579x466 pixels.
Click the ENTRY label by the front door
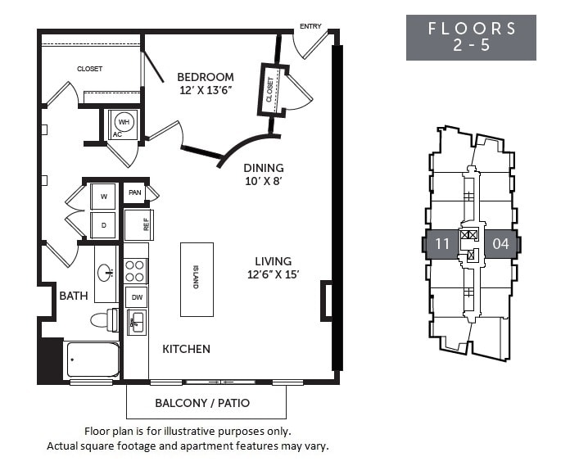(x=310, y=26)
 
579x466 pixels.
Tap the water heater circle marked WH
(x=124, y=122)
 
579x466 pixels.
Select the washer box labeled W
(x=103, y=197)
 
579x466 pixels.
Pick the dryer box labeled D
(x=103, y=225)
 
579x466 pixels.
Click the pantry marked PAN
(x=135, y=192)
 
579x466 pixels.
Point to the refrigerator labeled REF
(x=139, y=224)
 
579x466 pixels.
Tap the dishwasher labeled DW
(x=137, y=297)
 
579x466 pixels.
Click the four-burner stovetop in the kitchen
(x=135, y=270)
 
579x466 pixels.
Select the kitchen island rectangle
(x=197, y=279)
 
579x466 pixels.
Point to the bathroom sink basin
(x=106, y=273)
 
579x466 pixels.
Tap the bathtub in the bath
(x=91, y=360)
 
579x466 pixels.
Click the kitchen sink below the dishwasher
(x=137, y=323)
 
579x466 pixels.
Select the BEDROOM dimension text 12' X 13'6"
(x=206, y=90)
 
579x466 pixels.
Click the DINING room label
(x=264, y=168)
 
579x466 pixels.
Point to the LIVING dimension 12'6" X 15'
(x=274, y=274)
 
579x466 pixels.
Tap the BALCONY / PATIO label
(x=202, y=403)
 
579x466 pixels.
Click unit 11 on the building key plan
(x=442, y=244)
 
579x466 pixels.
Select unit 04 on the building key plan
(x=500, y=244)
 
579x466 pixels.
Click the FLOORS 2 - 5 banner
(x=471, y=38)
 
